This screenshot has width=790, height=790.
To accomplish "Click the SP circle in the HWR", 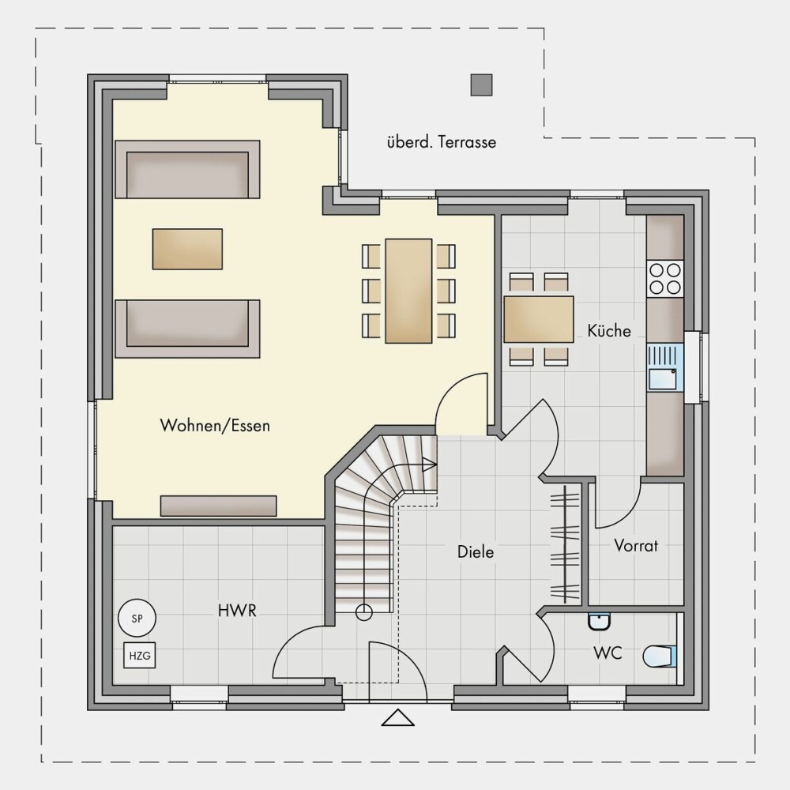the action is [x=137, y=619].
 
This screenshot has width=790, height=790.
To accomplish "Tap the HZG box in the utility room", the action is [x=140, y=656].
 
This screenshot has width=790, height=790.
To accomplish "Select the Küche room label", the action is [x=609, y=330].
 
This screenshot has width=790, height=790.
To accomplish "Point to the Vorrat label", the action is [x=636, y=545].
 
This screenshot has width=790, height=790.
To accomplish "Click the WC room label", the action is [x=608, y=653].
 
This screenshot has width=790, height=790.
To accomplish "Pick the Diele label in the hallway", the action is [x=475, y=551].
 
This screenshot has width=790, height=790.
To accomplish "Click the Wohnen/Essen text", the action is [x=215, y=426].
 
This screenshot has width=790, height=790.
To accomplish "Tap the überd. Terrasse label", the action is [x=442, y=142].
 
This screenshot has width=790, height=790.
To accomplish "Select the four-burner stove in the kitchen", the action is [x=665, y=279].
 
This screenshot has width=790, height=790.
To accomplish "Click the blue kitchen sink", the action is [x=665, y=367].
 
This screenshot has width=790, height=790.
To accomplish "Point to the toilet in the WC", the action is [x=660, y=656].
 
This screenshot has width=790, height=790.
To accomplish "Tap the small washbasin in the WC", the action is [x=599, y=622].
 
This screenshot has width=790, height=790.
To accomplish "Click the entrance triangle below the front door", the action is [x=397, y=717].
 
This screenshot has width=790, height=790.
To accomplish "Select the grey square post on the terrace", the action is [x=481, y=85].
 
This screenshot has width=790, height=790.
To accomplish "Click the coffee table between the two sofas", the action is [x=187, y=249].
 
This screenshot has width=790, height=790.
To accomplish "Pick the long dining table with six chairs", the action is [x=408, y=292].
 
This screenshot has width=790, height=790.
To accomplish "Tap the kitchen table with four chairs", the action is [x=539, y=319].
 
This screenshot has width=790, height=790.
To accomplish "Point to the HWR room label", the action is [x=237, y=611].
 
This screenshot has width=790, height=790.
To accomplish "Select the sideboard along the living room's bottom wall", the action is [x=219, y=506].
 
